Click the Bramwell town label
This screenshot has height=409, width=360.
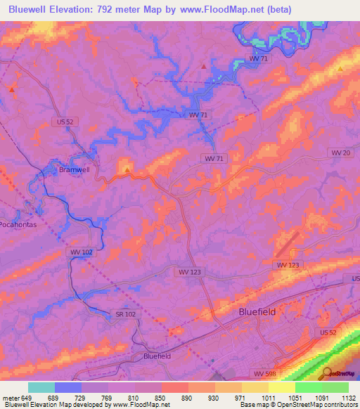[x=74, y=169]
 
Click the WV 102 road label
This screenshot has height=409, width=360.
[x=81, y=252]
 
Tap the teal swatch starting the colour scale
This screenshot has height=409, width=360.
[x=41, y=387]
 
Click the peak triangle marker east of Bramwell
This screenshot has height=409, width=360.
[x=127, y=169]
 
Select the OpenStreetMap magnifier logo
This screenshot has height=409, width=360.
[x=326, y=372]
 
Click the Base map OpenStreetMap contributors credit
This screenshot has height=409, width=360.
[x=298, y=404]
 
